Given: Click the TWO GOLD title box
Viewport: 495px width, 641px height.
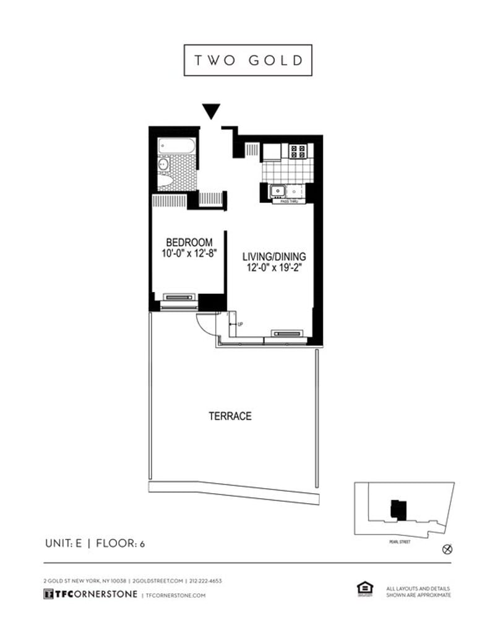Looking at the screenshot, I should [247, 60].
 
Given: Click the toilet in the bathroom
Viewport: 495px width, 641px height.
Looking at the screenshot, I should [166, 181].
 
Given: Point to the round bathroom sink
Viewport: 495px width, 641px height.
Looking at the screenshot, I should [163, 165].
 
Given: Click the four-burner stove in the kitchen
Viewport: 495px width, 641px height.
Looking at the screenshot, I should [296, 151].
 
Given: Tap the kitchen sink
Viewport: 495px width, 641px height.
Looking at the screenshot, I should [277, 191].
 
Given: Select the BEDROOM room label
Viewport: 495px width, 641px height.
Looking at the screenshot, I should [189, 242].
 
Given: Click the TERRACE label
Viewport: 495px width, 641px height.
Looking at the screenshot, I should [230, 416].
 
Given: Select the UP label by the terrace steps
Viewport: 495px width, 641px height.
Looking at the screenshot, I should [240, 324].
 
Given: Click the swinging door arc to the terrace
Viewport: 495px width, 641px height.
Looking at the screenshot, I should [205, 324].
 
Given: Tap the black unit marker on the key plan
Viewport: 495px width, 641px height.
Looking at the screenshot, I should [395, 509].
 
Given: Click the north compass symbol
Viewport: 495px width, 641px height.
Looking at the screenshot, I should [448, 549].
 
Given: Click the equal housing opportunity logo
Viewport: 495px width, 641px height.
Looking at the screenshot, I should [364, 589].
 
